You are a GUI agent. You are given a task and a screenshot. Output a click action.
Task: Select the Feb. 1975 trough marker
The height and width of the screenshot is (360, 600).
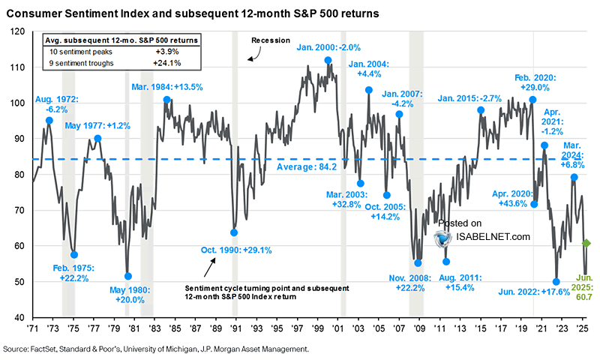click(73, 255)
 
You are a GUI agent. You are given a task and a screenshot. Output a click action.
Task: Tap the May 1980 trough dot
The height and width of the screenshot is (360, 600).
click(127, 276)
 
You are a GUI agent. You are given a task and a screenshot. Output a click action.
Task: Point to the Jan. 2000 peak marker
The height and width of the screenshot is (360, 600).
click(328, 60)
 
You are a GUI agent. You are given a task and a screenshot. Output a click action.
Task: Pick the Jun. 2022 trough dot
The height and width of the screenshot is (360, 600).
click(556, 282)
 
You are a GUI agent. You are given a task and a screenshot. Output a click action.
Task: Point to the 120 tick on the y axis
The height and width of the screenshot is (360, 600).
click(17, 31)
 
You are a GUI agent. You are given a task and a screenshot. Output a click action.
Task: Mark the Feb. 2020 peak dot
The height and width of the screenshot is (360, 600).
click(532, 99)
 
